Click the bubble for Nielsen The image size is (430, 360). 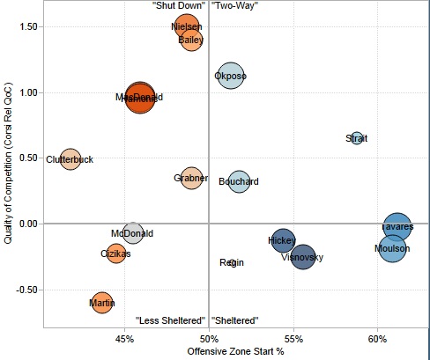(187, 27)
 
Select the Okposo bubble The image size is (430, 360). (230, 77)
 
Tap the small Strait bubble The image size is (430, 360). (357, 138)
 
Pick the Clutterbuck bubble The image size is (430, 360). (70, 159)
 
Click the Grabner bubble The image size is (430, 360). (191, 180)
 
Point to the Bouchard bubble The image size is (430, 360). (239, 181)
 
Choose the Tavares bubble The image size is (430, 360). (397, 227)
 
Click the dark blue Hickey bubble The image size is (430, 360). (282, 240)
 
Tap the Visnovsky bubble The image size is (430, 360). (302, 258)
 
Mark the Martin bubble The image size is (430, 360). (102, 304)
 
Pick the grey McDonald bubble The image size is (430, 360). (132, 233)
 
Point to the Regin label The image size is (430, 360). (232, 262)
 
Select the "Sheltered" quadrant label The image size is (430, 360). (234, 320)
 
